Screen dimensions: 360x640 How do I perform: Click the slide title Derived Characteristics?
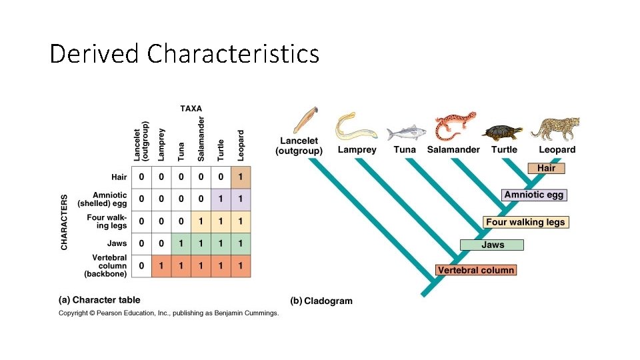coord(185,53)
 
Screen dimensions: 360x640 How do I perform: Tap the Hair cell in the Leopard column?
coord(241,177)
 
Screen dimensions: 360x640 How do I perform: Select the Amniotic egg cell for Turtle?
coord(221,199)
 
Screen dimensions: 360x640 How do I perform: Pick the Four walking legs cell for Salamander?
coord(201,221)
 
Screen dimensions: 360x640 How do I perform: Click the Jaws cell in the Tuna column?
coord(181,243)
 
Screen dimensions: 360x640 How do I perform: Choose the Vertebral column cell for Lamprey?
coord(161,266)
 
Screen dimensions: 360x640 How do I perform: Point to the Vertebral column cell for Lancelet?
coord(141,266)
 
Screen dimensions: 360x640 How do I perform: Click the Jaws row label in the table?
coord(117,243)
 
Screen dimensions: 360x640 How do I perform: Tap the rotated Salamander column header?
coord(201,139)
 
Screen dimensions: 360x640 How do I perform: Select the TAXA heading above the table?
coord(191,108)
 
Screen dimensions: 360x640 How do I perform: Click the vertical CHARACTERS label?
coord(65,222)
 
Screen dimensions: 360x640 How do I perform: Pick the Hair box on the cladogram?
coord(546,168)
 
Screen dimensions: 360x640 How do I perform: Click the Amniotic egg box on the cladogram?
coord(534,195)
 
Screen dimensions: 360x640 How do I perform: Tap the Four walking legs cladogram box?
coord(525,222)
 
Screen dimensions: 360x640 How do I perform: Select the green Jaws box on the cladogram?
coord(493,245)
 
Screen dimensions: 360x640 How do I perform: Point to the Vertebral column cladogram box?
coord(476,270)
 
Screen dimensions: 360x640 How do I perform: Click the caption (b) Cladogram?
coord(321,301)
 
